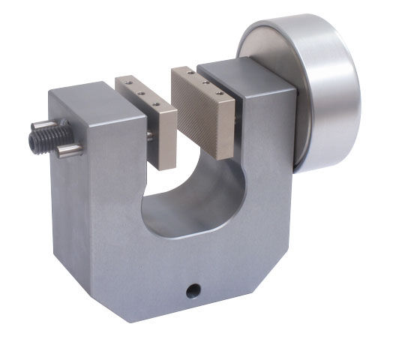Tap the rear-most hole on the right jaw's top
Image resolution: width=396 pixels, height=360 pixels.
tap(192, 73)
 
